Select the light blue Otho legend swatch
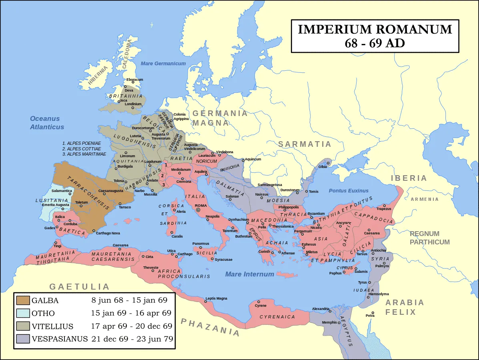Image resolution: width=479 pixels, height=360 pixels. point(22,314)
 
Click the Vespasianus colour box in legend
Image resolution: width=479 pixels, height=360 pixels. point(22,339)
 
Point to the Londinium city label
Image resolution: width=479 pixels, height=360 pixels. point(133,104)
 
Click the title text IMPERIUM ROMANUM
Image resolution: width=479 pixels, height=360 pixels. point(375,29)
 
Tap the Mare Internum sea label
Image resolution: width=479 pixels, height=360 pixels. point(249,274)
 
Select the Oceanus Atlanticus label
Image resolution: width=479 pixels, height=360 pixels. point(47,123)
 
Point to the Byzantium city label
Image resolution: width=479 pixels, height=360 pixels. point(316,214)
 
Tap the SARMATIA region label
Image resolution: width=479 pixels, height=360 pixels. point(305,144)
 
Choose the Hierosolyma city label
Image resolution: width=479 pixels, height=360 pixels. point(378,294)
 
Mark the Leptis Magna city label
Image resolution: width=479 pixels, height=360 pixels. point(216,298)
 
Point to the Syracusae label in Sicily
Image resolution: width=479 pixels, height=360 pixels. point(223,260)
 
